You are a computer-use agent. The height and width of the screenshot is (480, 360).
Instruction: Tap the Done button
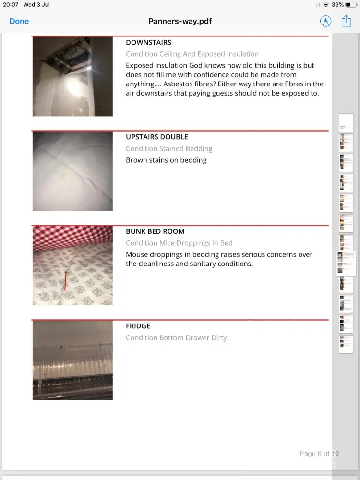pyautogui.click(x=19, y=21)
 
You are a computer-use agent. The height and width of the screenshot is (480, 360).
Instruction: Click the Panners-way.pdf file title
pyautogui.click(x=180, y=21)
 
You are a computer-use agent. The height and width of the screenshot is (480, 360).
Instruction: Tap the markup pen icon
pyautogui.click(x=325, y=21)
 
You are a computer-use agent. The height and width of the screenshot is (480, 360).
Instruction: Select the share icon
pyautogui.click(x=346, y=21)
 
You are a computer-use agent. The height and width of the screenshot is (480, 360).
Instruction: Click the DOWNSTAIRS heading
pyautogui.click(x=148, y=43)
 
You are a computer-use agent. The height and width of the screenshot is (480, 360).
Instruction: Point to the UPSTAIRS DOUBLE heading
pyautogui.click(x=156, y=137)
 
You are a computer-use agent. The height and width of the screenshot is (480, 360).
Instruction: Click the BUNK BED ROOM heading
pyautogui.click(x=155, y=231)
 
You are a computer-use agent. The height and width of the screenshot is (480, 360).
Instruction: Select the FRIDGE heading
pyautogui.click(x=138, y=326)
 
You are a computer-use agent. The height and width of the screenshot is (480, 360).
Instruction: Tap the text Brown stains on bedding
pyautogui.click(x=166, y=160)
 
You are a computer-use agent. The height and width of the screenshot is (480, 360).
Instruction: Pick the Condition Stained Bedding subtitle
pyautogui.click(x=169, y=149)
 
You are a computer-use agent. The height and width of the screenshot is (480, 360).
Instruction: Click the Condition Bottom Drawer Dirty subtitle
pyautogui.click(x=176, y=338)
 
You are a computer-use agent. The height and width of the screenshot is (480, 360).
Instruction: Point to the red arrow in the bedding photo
pyautogui.click(x=66, y=281)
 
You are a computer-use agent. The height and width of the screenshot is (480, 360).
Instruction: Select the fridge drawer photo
pyautogui.click(x=72, y=360)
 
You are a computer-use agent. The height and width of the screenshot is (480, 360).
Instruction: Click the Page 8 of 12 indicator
pyautogui.click(x=319, y=453)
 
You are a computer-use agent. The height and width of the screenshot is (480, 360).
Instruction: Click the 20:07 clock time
pyautogui.click(x=10, y=5)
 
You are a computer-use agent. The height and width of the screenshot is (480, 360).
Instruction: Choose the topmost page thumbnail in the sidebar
pyautogui.click(x=346, y=123)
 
